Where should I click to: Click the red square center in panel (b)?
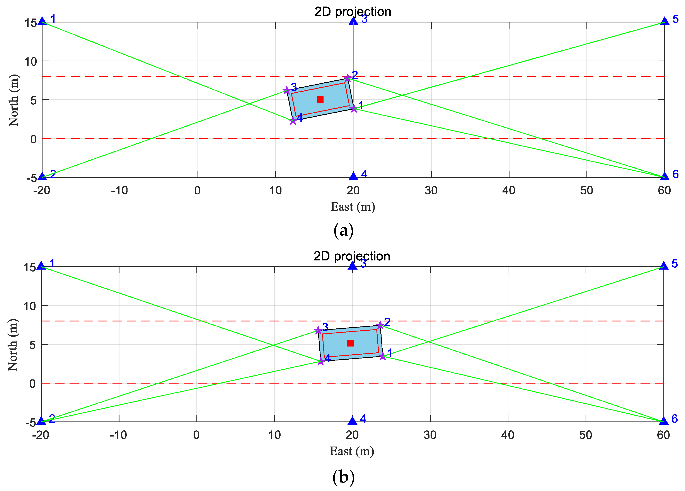[350, 343]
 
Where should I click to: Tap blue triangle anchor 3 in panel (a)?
[353, 21]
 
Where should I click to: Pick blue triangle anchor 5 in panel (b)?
[664, 266]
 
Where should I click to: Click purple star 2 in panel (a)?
[348, 78]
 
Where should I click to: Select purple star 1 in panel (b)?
[382, 356]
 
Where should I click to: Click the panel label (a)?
[343, 231]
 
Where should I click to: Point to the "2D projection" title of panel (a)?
[353, 12]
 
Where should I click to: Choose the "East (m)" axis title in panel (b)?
[352, 451]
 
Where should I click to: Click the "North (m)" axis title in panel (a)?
[14, 100]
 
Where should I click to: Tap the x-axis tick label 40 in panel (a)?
[509, 190]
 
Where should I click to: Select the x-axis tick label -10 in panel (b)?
[118, 435]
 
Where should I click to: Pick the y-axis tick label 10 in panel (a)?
[31, 62]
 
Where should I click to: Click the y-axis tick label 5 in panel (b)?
[33, 345]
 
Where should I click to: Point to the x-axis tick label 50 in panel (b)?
[586, 435]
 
